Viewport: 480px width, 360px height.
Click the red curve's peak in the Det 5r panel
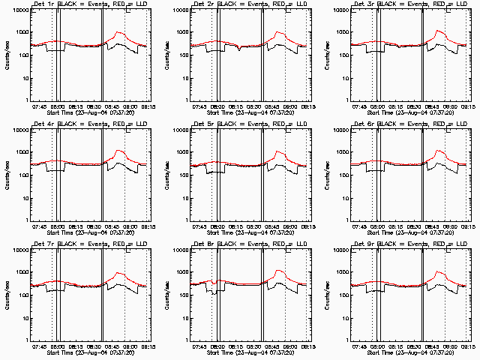[x=277, y=151]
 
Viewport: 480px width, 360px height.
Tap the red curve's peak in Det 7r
[x=118, y=269]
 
